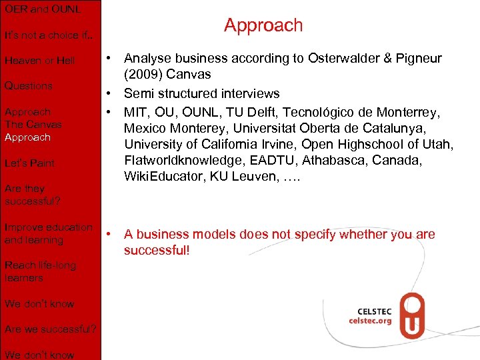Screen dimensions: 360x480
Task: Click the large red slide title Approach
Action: click(263, 25)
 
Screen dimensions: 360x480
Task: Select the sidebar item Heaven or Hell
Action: click(39, 61)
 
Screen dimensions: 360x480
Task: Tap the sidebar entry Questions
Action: click(28, 86)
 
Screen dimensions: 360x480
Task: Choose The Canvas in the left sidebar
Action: click(33, 125)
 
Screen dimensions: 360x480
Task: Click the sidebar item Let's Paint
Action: click(29, 163)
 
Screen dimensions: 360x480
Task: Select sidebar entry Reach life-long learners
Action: click(40, 271)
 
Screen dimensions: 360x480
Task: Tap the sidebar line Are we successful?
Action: click(50, 329)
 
